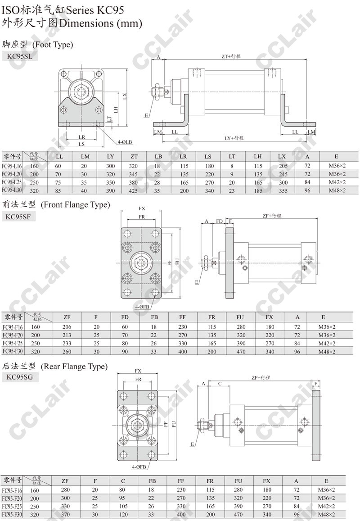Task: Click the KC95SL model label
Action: tap(20, 56)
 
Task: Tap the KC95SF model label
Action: tap(18, 217)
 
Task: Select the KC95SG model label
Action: tap(20, 377)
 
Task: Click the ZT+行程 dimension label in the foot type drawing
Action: tap(231, 56)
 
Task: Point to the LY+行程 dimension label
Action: tap(234, 138)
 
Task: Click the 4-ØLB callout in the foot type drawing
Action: tap(125, 142)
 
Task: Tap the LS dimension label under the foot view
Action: tap(82, 144)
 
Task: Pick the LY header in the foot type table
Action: tap(110, 157)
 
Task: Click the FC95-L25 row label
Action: tap(12, 182)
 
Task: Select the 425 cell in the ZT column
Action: tap(133, 191)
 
